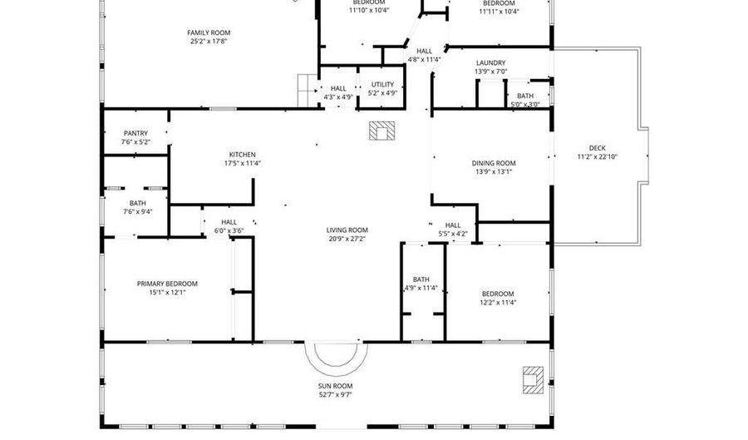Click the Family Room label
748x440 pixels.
click(x=209, y=33)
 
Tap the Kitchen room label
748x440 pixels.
click(x=243, y=155)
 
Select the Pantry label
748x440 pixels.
click(x=136, y=134)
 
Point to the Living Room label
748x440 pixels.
click(x=347, y=230)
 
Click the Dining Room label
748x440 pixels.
click(x=494, y=163)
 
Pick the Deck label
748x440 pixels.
click(x=598, y=148)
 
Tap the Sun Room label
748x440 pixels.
click(x=336, y=386)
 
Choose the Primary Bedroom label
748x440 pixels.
click(x=167, y=284)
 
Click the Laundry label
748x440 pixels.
click(x=491, y=63)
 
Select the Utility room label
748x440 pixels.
click(x=382, y=85)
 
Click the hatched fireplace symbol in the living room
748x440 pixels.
click(x=381, y=131)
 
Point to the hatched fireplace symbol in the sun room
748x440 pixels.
click(x=533, y=380)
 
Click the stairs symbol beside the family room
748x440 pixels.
click(x=308, y=91)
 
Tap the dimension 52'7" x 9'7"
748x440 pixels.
click(x=336, y=394)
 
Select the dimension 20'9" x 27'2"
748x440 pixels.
click(x=347, y=239)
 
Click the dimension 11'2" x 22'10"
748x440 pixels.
click(x=598, y=156)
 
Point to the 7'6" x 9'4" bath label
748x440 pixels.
click(x=138, y=208)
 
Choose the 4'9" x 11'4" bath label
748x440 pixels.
click(x=421, y=284)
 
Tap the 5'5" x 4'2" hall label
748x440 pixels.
click(x=453, y=230)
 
